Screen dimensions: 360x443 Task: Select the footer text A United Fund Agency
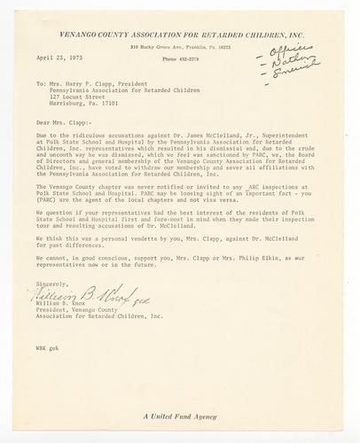pyautogui.click(x=179, y=416)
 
